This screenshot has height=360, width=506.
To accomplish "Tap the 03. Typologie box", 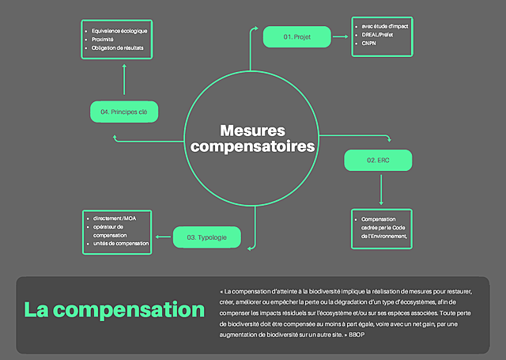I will coord(207,237).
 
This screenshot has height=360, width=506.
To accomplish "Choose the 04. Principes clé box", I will coord(124,112).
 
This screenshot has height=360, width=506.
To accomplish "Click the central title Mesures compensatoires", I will coord(252,138).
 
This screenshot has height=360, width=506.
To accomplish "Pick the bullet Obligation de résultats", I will coord(119,48).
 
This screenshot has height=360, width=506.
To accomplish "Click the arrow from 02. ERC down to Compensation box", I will coord(381,190).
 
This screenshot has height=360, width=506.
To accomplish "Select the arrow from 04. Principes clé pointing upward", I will coord(124,82).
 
